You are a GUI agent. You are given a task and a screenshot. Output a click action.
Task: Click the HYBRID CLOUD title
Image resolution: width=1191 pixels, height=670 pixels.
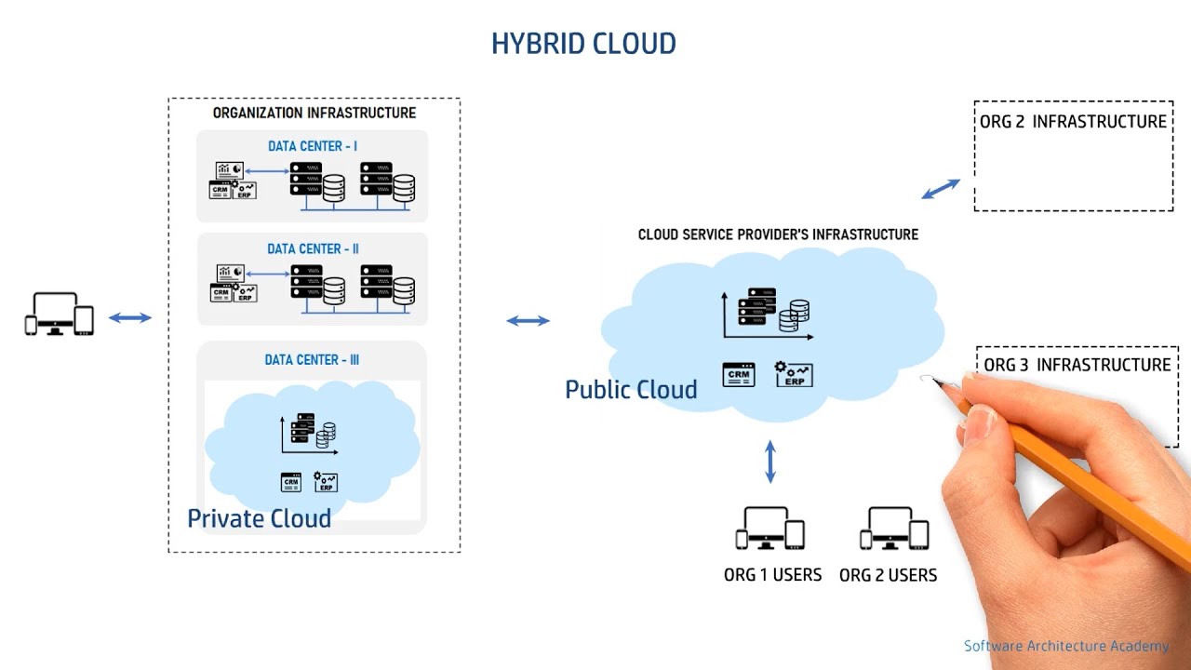pyautogui.click(x=583, y=44)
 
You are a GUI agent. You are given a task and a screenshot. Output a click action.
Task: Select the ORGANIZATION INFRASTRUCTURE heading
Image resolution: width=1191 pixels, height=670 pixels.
pyautogui.click(x=314, y=113)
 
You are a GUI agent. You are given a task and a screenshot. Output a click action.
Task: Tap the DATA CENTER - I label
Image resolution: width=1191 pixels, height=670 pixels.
pyautogui.click(x=313, y=146)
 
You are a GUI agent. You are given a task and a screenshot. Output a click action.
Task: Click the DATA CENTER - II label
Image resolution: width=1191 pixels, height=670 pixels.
pyautogui.click(x=313, y=248)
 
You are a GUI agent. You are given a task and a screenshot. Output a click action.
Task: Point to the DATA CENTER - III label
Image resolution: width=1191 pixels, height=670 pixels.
pyautogui.click(x=312, y=360)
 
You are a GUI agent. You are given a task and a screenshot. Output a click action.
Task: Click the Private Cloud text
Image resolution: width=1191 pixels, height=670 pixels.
pyautogui.click(x=259, y=518)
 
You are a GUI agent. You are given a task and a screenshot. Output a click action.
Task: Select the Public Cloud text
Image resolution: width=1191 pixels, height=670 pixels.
pyautogui.click(x=631, y=390)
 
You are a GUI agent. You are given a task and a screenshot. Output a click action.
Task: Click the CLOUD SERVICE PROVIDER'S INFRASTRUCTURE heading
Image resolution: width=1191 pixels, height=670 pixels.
pyautogui.click(x=778, y=234)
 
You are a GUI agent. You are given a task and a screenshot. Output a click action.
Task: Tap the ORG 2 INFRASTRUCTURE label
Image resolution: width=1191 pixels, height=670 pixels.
pyautogui.click(x=1073, y=122)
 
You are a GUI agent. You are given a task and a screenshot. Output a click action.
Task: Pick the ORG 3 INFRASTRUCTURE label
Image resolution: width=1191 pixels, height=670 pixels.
pyautogui.click(x=1077, y=365)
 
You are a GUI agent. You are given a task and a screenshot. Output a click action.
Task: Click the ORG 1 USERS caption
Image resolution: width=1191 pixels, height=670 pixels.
pyautogui.click(x=772, y=575)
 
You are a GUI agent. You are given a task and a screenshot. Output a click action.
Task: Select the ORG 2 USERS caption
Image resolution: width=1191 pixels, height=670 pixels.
pyautogui.click(x=888, y=575)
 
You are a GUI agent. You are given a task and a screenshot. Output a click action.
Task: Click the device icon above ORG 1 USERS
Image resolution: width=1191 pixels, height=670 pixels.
pyautogui.click(x=770, y=529)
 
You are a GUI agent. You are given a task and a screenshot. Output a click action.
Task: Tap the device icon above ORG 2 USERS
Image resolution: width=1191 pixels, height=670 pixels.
pyautogui.click(x=894, y=529)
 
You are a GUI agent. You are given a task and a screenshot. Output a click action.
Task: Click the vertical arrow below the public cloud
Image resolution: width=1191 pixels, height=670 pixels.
pyautogui.click(x=770, y=462)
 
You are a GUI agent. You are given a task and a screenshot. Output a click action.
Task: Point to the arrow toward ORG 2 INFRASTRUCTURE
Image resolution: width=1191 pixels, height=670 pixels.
pyautogui.click(x=941, y=189)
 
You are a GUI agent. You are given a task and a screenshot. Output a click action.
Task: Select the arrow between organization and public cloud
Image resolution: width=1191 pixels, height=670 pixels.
pyautogui.click(x=528, y=321)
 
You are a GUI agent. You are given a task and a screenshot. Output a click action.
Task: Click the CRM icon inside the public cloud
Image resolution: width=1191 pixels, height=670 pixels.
pyautogui.click(x=739, y=375)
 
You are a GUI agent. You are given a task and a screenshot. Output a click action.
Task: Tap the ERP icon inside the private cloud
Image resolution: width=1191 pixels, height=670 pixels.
pyautogui.click(x=326, y=482)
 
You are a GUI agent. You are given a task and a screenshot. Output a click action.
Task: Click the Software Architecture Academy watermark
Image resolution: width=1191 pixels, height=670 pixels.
pyautogui.click(x=1066, y=646)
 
